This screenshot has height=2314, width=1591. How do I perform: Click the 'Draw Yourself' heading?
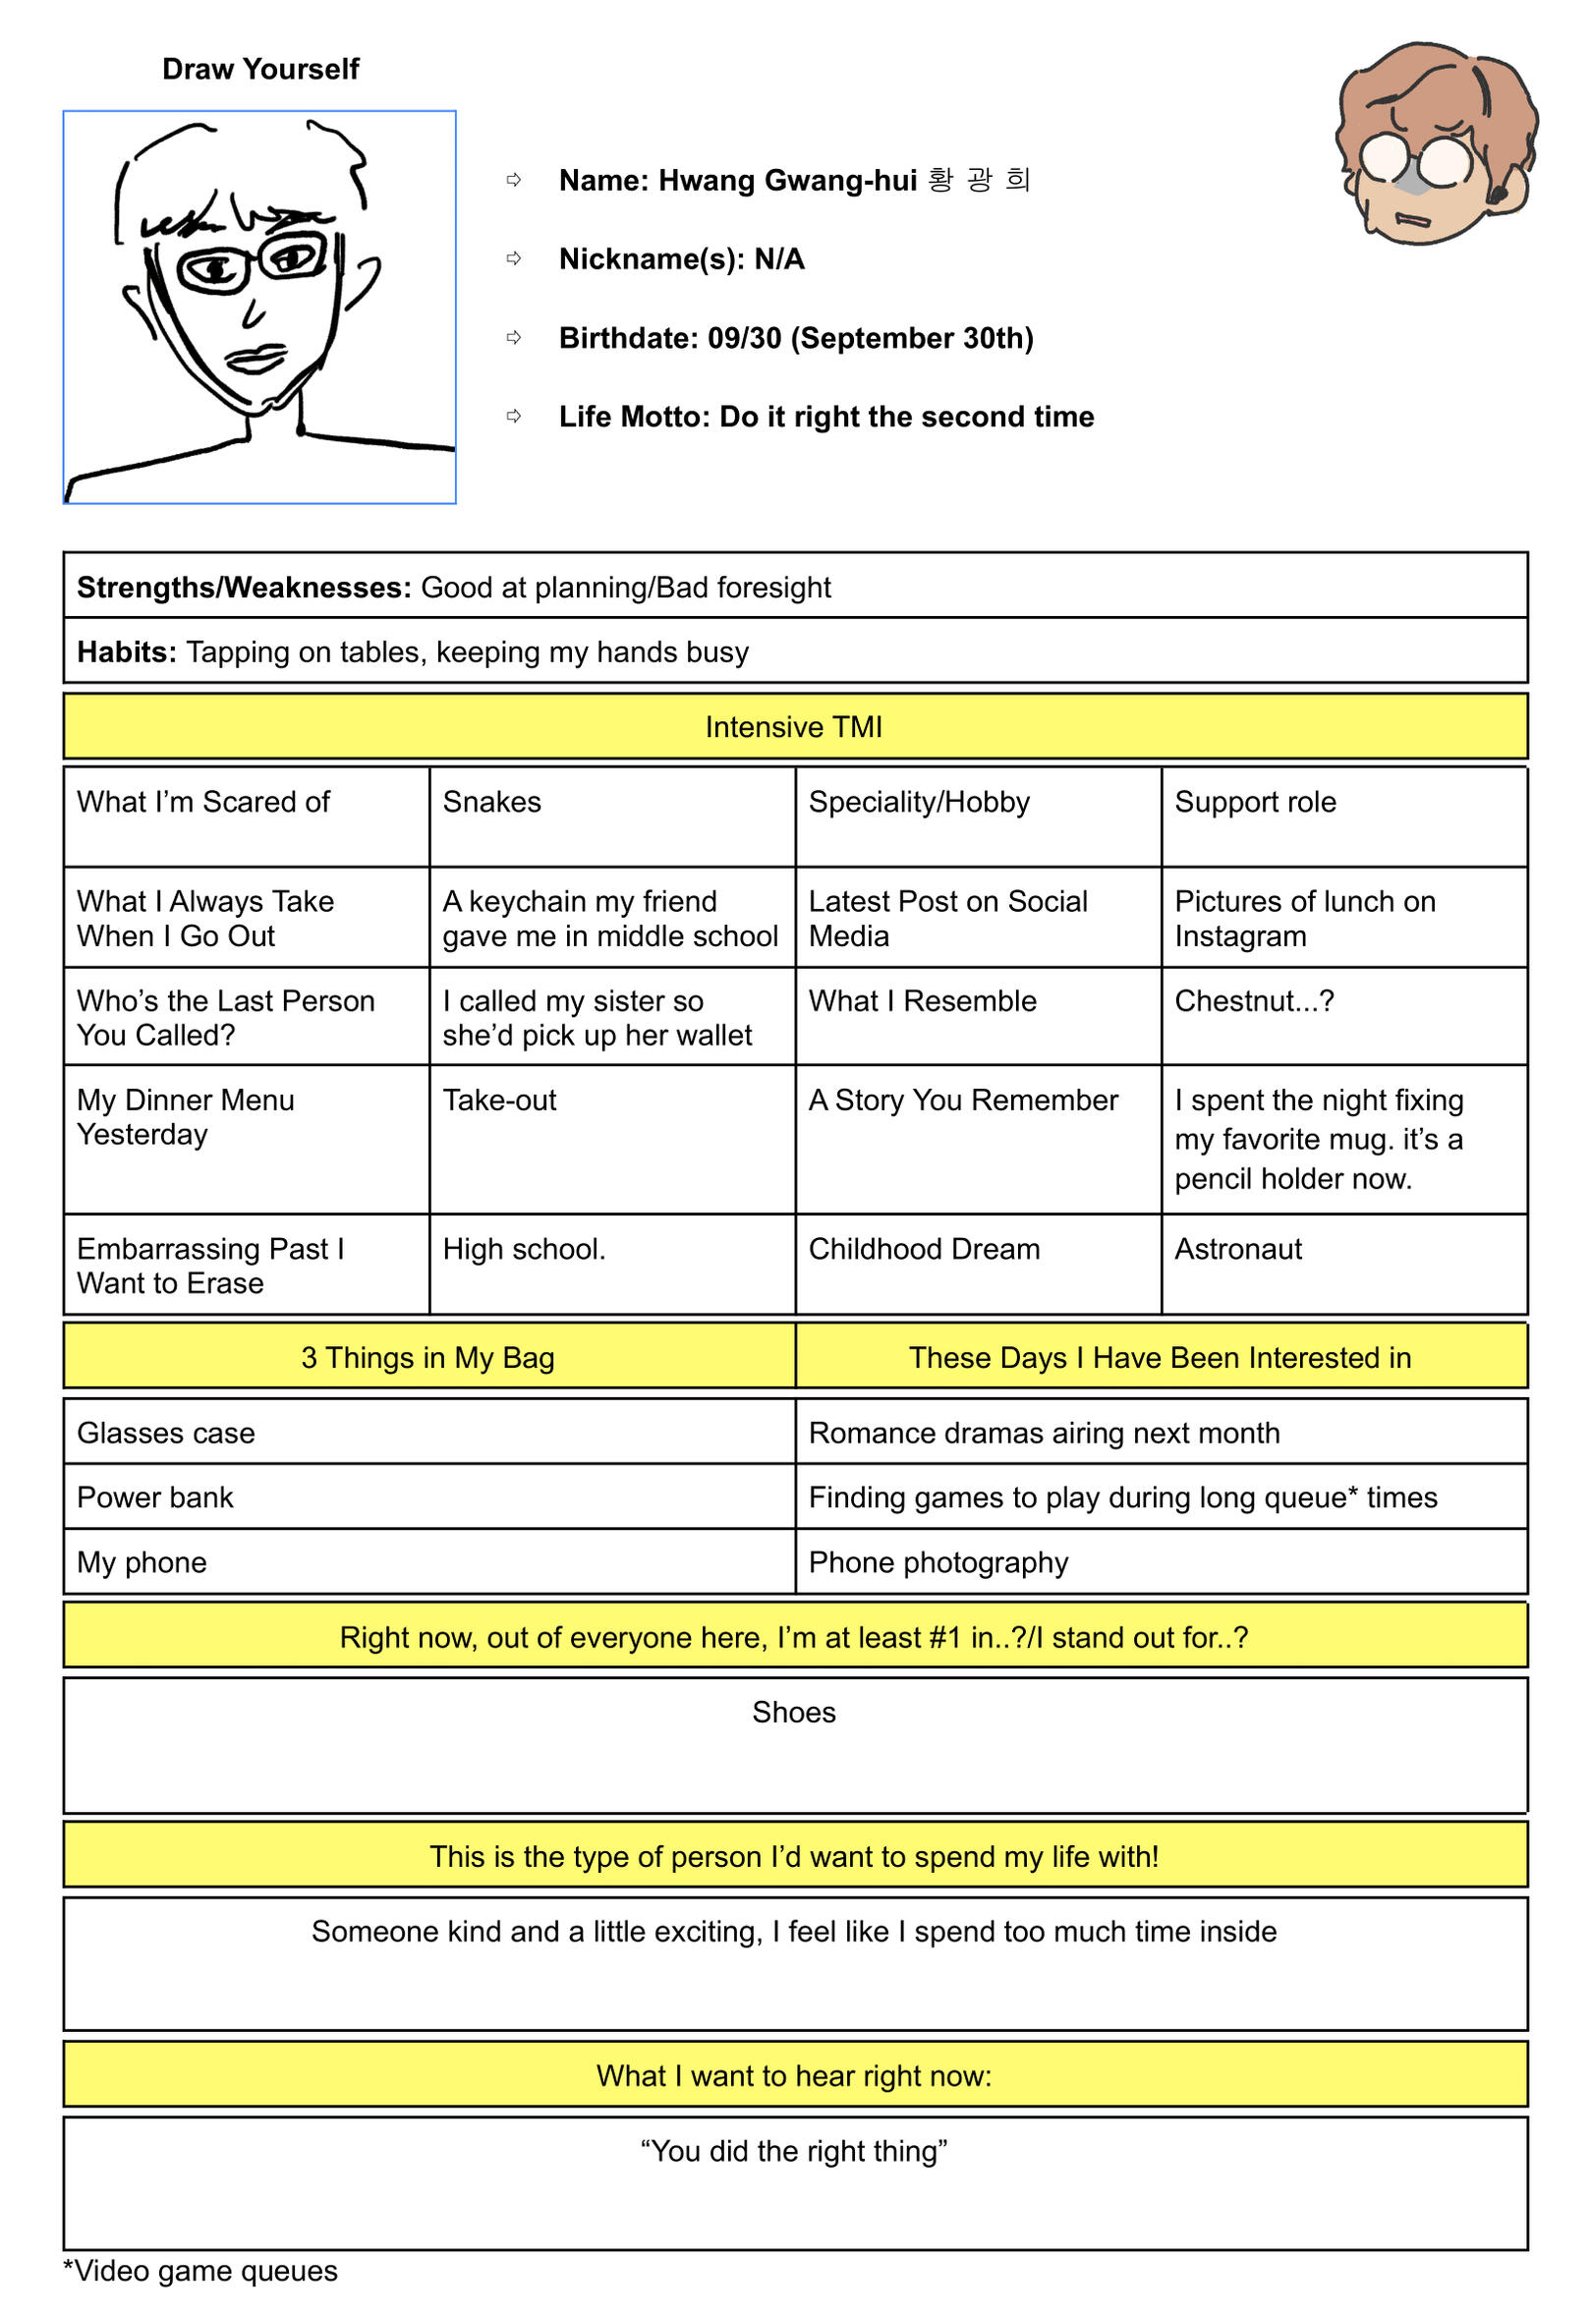[x=260, y=69]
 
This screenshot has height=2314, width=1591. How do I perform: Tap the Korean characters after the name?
[x=978, y=180]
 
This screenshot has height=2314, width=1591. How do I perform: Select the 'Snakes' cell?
[x=491, y=802]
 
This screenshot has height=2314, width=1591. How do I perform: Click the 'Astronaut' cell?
[x=1238, y=1249]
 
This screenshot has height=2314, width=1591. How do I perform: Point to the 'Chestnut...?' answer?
[x=1253, y=1000]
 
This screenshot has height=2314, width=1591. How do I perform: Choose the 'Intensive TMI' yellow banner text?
[x=793, y=726]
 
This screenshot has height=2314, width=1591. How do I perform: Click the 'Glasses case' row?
[x=165, y=1433]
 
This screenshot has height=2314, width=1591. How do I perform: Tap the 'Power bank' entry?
[x=154, y=1496]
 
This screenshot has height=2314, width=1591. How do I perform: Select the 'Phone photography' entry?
[x=938, y=1561]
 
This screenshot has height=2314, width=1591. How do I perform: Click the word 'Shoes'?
[x=793, y=1712]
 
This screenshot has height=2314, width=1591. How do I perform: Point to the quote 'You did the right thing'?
[x=793, y=2151]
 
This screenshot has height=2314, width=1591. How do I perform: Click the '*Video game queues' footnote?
[x=200, y=2270]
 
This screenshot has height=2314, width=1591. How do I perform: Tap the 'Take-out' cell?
[x=499, y=1101]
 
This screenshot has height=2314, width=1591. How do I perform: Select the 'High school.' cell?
[x=524, y=1249]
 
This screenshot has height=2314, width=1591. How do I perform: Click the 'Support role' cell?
[x=1255, y=802]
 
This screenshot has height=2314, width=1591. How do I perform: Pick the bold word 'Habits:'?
[x=127, y=651]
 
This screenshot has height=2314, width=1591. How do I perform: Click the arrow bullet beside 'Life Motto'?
[x=514, y=417]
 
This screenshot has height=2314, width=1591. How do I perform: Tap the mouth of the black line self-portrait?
[x=257, y=358]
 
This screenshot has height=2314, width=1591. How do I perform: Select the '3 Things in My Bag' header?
[x=427, y=1357]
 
